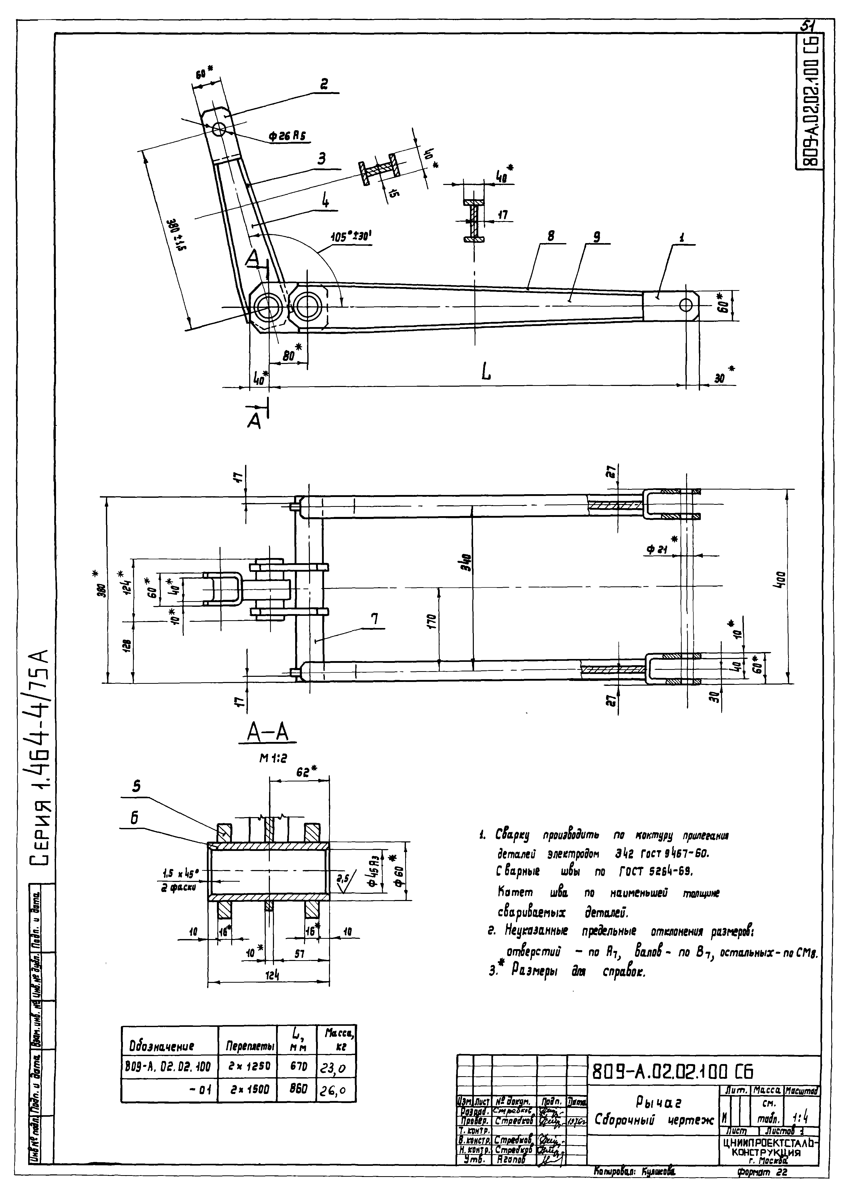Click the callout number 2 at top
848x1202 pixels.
pos(325,84)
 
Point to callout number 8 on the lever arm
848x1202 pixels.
pos(551,236)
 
